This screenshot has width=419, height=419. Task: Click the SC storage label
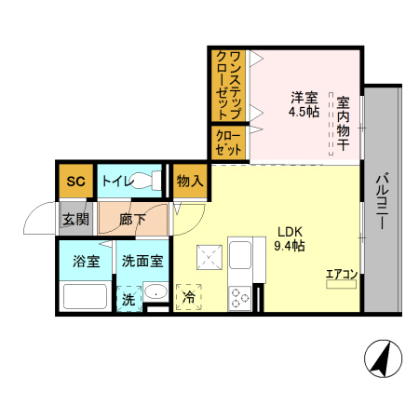click(75, 181)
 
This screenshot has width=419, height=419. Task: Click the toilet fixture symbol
click(143, 182)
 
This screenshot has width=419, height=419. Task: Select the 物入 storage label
click(189, 181)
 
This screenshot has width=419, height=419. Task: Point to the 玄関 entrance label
click(74, 221)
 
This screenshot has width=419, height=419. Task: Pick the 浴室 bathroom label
click(87, 262)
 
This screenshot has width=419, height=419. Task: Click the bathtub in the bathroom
click(86, 297)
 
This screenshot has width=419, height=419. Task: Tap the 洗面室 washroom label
click(143, 262)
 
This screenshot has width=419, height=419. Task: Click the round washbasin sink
click(156, 295)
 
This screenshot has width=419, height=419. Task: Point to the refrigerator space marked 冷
click(189, 297)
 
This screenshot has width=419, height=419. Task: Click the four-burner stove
click(240, 298)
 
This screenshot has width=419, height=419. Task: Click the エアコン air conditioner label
click(340, 274)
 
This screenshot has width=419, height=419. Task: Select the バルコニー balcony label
click(382, 201)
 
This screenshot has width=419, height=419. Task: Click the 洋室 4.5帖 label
click(304, 103)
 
